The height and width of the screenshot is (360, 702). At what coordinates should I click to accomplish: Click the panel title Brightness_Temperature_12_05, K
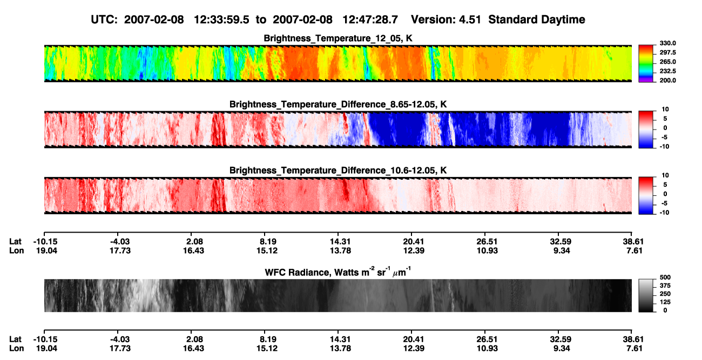click(338, 38)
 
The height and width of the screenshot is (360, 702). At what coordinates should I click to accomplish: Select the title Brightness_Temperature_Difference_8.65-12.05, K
click(338, 104)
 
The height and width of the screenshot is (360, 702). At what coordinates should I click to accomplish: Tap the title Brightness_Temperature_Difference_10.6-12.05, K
click(338, 171)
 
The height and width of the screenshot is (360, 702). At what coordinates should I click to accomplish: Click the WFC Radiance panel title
click(338, 272)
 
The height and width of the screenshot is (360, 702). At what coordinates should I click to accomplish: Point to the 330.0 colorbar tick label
click(667, 43)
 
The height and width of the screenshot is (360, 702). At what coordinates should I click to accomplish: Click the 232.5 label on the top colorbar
click(667, 71)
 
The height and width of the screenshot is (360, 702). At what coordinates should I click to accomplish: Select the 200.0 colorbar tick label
click(667, 80)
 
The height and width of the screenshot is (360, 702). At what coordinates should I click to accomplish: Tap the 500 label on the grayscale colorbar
click(665, 277)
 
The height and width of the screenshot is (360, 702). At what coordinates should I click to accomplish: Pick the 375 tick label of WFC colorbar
click(665, 286)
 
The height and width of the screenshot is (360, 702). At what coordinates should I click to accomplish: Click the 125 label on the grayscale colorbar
click(665, 302)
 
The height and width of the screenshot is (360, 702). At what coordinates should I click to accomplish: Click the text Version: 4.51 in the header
click(446, 19)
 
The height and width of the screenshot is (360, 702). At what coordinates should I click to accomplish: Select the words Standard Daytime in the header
click(537, 19)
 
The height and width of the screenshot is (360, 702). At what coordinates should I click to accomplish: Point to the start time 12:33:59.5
click(221, 19)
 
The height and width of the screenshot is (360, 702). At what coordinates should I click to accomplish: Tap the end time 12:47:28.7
click(370, 19)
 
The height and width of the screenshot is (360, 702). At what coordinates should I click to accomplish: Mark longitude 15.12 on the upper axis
click(267, 250)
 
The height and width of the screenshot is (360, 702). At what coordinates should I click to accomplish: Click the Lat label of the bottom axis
click(15, 339)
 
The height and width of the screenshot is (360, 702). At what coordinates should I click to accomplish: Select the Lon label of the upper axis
click(16, 250)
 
